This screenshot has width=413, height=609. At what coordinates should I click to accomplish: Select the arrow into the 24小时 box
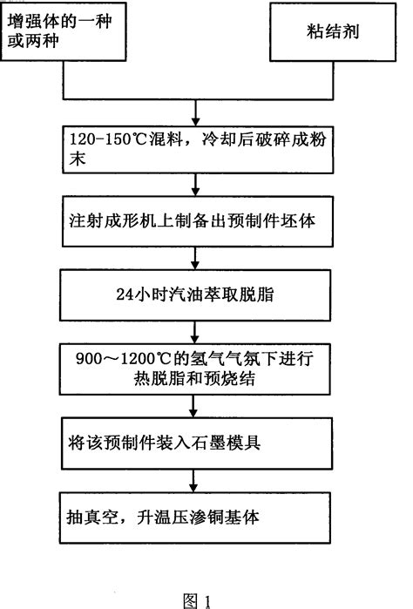(x=199, y=260)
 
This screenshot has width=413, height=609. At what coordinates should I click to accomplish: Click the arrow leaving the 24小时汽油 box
(x=199, y=328)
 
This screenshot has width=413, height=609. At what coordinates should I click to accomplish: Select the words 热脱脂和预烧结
(x=131, y=379)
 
